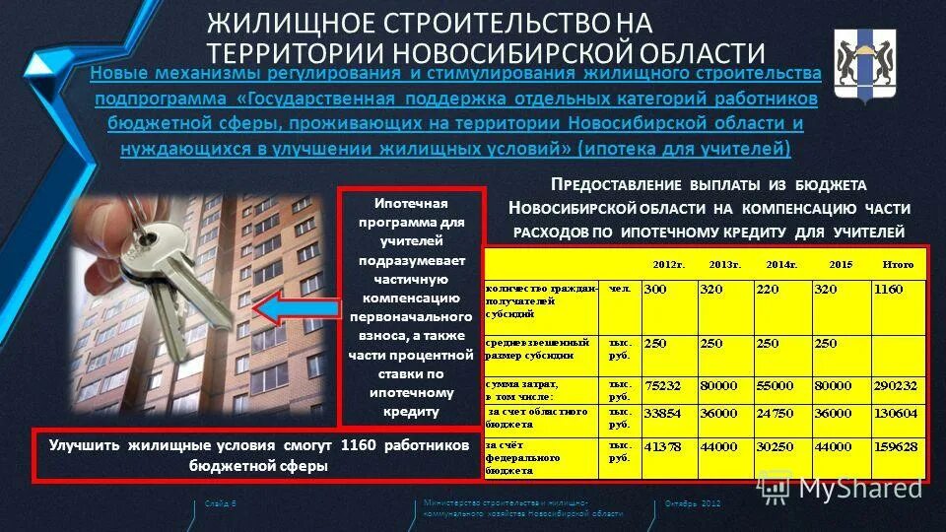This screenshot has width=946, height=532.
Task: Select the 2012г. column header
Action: click(668, 264)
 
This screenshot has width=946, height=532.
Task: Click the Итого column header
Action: click(899, 264)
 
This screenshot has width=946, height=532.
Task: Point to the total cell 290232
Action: click(895, 386)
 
